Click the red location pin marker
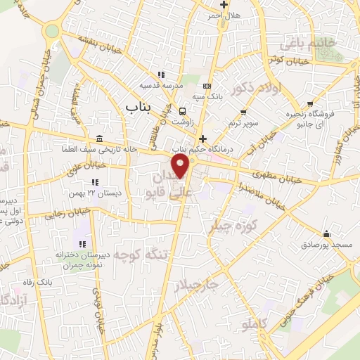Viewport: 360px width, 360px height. point(181,167)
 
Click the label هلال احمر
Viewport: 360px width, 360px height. point(226,15)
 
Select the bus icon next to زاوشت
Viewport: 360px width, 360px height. point(183,111)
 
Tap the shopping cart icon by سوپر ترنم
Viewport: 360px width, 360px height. point(243,112)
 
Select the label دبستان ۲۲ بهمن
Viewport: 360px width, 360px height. point(95,192)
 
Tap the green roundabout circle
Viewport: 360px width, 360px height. point(52,31)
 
